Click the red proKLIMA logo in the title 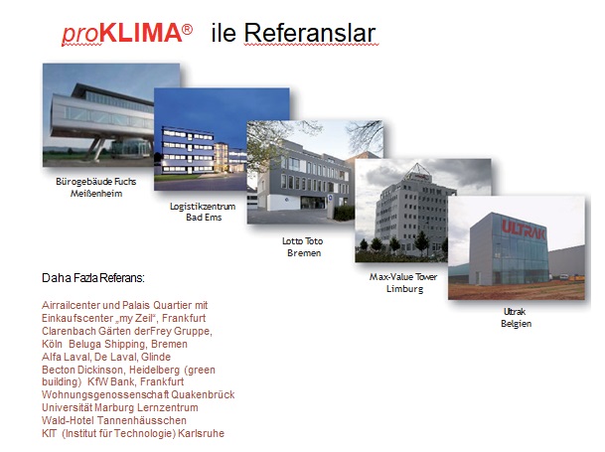pyautogui.click(x=127, y=33)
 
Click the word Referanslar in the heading pyautogui.click(x=310, y=33)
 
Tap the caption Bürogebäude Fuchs pyautogui.click(x=96, y=182)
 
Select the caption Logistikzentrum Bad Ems pyautogui.click(x=203, y=212)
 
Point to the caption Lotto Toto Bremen pyautogui.click(x=303, y=247)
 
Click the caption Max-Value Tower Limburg pyautogui.click(x=403, y=282)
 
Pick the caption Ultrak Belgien pyautogui.click(x=516, y=317)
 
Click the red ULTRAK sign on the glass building pyautogui.click(x=524, y=230)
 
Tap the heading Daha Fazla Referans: pyautogui.click(x=93, y=278)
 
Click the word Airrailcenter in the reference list pyautogui.click(x=71, y=305)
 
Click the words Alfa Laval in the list pyautogui.click(x=66, y=357)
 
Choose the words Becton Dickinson pyautogui.click(x=82, y=370)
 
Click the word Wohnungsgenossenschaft pyautogui.click(x=105, y=394)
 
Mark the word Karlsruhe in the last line pyautogui.click(x=201, y=433)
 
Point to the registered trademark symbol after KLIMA pyautogui.click(x=187, y=29)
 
